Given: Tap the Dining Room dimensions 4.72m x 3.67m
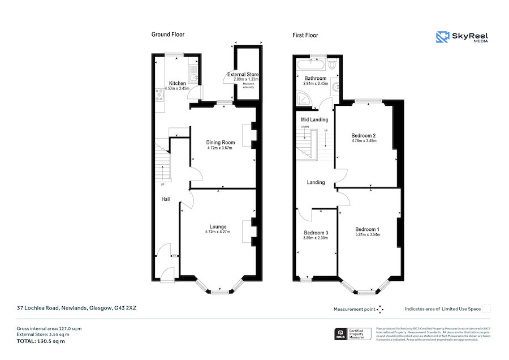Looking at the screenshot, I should [x=220, y=148].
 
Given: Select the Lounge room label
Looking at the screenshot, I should [x=218, y=225].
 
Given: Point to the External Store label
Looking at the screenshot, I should [x=243, y=74].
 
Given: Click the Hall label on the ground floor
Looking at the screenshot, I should [x=166, y=199].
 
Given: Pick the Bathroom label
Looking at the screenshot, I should [x=316, y=78].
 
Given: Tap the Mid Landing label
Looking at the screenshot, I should [x=314, y=120].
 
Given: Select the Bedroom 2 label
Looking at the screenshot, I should [x=364, y=136].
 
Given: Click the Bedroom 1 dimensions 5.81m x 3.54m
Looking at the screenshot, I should [x=368, y=234].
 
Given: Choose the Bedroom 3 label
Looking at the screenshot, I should [x=316, y=233].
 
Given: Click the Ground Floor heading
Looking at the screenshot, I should [x=168, y=35].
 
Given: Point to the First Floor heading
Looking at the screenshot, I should [x=305, y=35].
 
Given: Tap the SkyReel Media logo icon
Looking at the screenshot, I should [x=442, y=37].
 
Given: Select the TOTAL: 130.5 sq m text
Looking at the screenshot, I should [x=41, y=341].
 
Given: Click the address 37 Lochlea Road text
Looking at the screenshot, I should [x=77, y=308].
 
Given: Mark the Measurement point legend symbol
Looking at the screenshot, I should [x=381, y=309].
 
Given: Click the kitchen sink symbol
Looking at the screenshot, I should [x=194, y=79].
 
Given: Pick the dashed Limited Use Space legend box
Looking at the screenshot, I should [x=486, y=308].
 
